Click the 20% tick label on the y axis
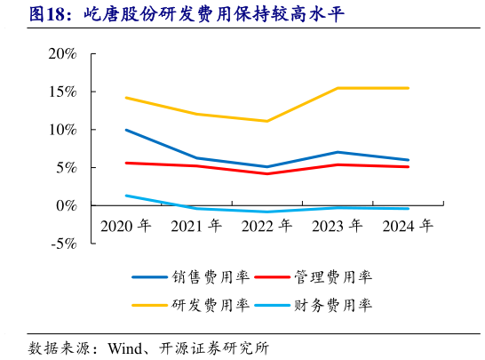point(62,54)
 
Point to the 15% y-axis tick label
point(62,92)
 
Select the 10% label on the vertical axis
point(62,130)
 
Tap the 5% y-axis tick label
point(66,168)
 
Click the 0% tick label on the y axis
point(66,205)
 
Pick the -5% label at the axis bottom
point(63,244)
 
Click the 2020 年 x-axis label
point(126,226)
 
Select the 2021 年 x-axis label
point(196,226)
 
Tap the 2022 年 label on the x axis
point(267,226)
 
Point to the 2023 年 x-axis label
point(338,226)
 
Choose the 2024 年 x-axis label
point(408,226)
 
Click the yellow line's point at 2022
point(267,121)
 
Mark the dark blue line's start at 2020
point(126,130)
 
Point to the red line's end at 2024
point(408,167)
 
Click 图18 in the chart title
point(48,14)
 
